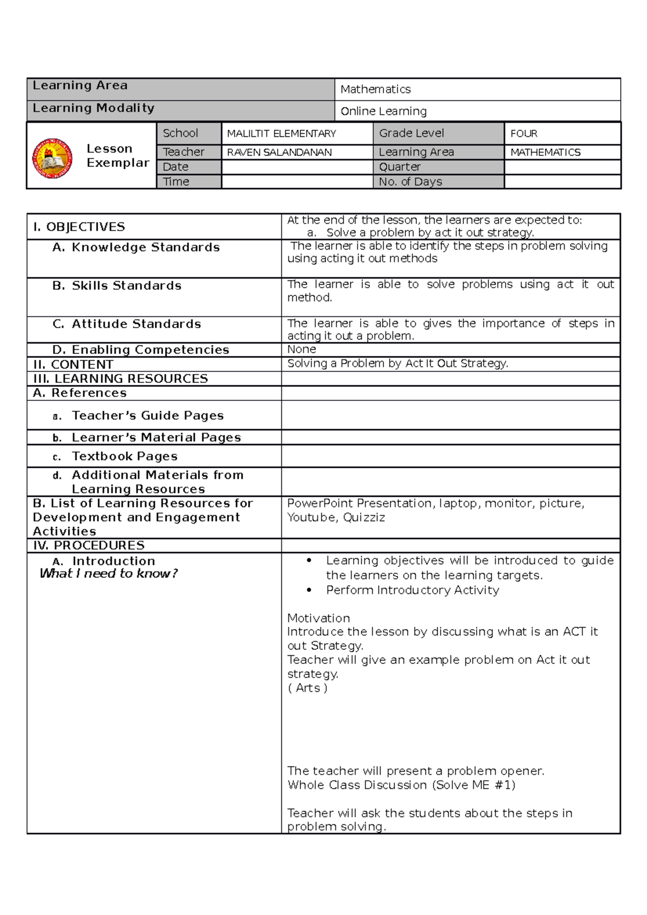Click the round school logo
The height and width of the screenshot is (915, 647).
tap(52, 158)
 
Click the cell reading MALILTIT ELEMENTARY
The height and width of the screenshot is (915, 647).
tap(281, 134)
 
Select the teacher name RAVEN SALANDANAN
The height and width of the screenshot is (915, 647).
tap(279, 153)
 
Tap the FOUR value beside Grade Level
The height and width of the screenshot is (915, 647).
tap(524, 134)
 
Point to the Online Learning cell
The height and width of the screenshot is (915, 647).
tap(383, 112)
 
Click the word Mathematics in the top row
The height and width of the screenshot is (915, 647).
tap(375, 89)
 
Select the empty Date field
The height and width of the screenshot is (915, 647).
tap(297, 167)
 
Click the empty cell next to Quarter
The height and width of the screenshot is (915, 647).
tap(562, 167)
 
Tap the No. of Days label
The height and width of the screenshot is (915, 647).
tap(410, 182)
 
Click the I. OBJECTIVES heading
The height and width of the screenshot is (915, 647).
tap(79, 227)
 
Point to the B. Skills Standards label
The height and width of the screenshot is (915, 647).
tap(117, 286)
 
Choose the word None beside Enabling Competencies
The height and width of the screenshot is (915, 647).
tap(301, 349)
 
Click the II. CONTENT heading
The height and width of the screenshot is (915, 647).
tap(73, 365)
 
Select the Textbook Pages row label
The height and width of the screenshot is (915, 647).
tap(125, 456)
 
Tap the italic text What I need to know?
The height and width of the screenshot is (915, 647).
tap(108, 573)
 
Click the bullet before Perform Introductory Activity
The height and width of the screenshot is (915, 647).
tap(309, 590)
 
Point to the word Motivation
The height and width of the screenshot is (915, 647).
tap(318, 618)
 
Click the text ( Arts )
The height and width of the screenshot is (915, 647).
tap(307, 688)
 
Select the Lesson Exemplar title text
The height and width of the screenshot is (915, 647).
tap(117, 156)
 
